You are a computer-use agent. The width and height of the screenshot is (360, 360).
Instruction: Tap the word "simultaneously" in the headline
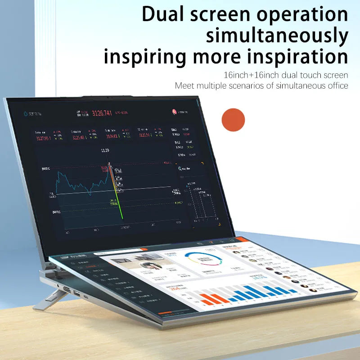pos(277,36)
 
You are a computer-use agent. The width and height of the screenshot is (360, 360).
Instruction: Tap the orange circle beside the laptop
pos(233,119)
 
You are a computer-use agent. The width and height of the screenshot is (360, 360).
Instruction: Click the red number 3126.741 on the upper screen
pos(102,113)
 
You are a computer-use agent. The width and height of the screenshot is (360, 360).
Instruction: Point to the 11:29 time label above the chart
pos(105,150)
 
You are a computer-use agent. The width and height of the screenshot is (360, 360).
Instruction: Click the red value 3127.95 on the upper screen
pos(44,138)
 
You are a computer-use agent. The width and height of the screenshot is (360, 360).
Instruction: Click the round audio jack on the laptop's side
pos(58,286)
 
